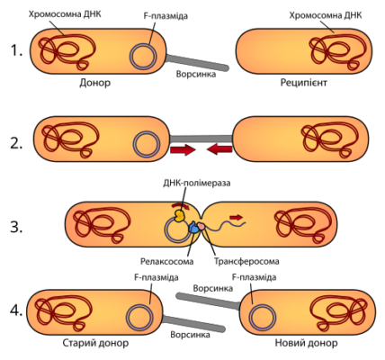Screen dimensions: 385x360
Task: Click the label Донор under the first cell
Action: point(95,83)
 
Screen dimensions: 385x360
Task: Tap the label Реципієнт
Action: point(303,83)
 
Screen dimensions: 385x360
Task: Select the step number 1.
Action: point(16,50)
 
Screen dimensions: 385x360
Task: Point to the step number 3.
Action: point(16,227)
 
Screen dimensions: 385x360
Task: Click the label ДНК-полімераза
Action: point(197,183)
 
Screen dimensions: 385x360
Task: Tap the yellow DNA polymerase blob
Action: point(179,216)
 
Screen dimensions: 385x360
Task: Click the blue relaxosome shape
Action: point(194,229)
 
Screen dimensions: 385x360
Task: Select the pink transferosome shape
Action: point(201,227)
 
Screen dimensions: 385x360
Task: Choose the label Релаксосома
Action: point(167,261)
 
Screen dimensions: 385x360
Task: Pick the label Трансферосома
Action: point(246,261)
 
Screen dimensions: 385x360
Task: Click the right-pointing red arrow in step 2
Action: point(183,149)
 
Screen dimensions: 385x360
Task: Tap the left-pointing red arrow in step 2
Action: point(219,149)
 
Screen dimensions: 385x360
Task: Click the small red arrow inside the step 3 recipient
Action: point(236,217)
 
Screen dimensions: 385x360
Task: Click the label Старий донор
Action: point(95,343)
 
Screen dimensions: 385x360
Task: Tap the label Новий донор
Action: point(306,343)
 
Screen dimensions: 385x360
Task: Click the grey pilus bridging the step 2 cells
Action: point(201,139)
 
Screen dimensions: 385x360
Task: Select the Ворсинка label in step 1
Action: point(196,74)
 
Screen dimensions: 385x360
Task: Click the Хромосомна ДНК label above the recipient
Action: point(326,15)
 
